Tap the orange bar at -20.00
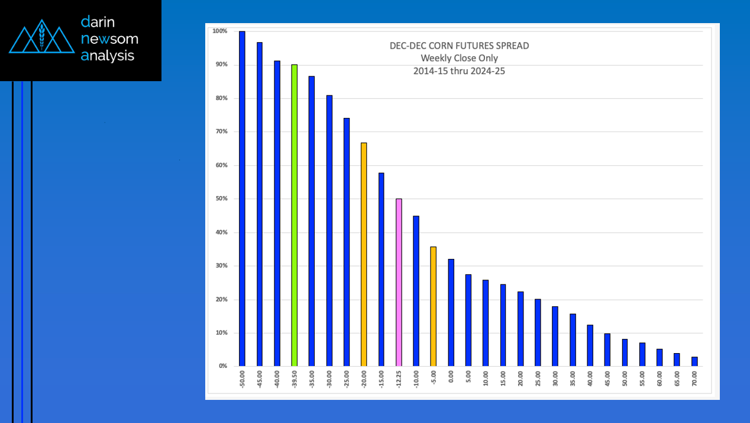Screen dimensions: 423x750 click(x=364, y=254)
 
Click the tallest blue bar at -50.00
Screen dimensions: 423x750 click(x=242, y=198)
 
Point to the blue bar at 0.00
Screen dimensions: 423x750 click(x=451, y=312)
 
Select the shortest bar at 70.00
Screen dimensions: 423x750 click(x=694, y=361)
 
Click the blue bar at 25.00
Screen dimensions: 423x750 click(x=538, y=332)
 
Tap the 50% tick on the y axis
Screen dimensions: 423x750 click(x=220, y=199)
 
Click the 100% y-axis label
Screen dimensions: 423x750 click(x=219, y=31)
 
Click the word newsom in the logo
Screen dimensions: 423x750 click(x=109, y=39)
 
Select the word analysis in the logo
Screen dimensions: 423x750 click(x=108, y=56)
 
